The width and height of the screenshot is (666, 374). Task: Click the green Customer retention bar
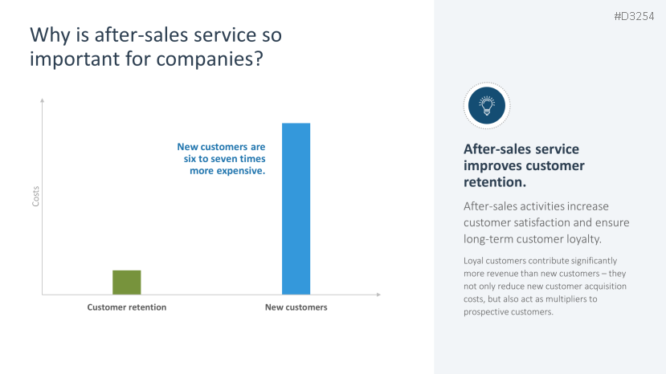pyautogui.click(x=126, y=283)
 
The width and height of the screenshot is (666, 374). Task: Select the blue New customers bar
pyautogui.click(x=296, y=209)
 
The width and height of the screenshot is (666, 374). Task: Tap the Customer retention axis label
pyautogui.click(x=126, y=307)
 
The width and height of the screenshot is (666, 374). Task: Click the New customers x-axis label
pyautogui.click(x=296, y=307)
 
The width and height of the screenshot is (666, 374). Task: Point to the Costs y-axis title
pyautogui.click(x=35, y=197)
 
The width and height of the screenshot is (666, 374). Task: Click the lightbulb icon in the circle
pyautogui.click(x=487, y=105)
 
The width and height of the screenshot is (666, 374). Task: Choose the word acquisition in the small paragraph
pyautogui.click(x=576, y=286)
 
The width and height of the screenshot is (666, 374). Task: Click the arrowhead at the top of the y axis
pyautogui.click(x=42, y=101)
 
